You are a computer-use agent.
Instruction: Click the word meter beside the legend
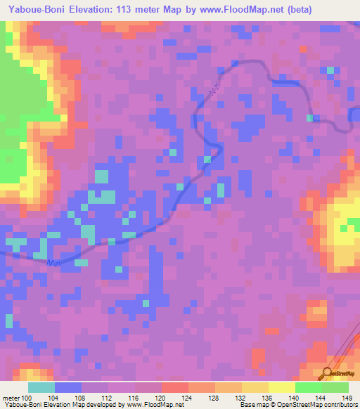pos(13,398)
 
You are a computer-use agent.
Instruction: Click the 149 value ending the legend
pos(346,398)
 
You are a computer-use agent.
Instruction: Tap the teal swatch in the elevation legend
pos(41,387)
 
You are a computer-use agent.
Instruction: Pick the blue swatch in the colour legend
pos(68,387)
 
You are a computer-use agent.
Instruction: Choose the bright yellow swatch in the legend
pos(282,387)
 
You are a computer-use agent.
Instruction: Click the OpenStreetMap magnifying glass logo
pos(327,373)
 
